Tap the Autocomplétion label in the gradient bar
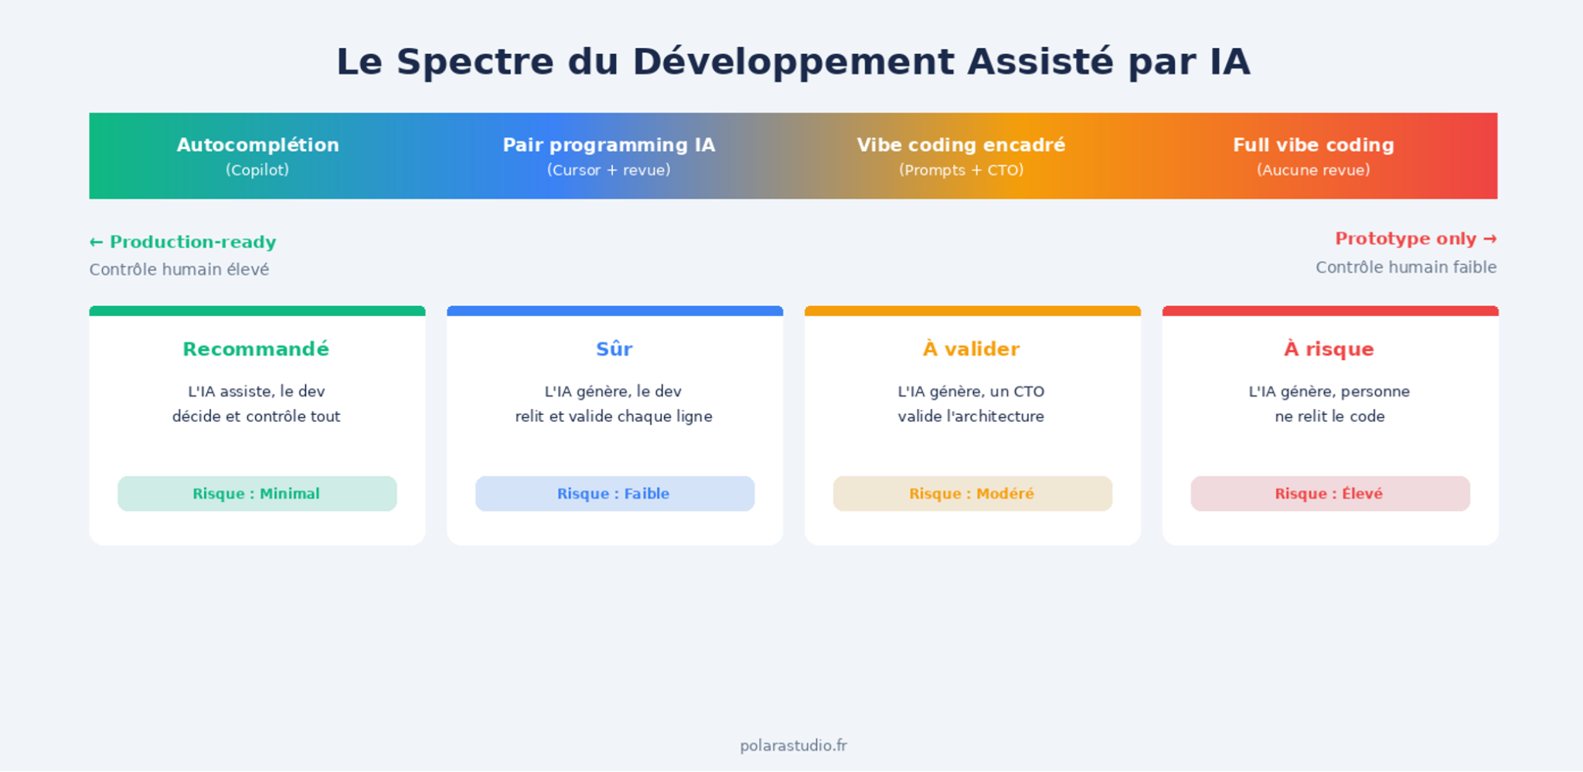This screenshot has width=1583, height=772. point(257,145)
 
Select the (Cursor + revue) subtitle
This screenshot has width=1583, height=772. point(609,170)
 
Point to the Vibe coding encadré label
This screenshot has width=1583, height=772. point(961,145)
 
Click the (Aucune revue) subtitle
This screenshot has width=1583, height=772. point(1313,170)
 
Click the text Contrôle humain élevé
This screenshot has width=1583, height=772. point(179,270)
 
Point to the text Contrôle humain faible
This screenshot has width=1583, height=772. point(1406,267)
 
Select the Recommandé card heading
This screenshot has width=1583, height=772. point(256,349)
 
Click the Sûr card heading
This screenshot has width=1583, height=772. point(614,349)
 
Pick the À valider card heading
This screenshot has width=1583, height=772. point(972,349)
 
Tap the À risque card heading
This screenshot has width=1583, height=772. point(1329,349)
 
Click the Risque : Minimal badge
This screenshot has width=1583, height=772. point(257,494)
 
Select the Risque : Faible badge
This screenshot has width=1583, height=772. point(614,494)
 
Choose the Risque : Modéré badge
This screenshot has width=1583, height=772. point(972,494)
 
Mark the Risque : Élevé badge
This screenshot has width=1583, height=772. point(1330,494)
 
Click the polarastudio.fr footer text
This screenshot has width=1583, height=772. point(793,746)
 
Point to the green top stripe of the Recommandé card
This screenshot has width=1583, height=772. point(257,311)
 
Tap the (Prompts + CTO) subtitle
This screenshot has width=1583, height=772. point(961,170)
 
